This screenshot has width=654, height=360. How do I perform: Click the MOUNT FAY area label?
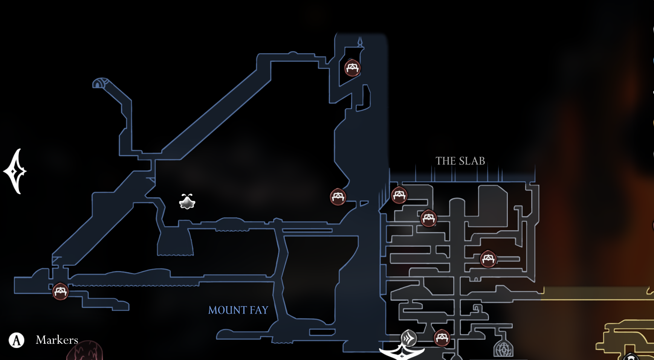238,310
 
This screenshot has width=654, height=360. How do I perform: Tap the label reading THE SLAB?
460,161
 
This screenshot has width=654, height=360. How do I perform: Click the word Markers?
57,340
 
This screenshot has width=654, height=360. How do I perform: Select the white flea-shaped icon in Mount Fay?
187,202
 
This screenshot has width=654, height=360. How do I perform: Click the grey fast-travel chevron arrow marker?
408,338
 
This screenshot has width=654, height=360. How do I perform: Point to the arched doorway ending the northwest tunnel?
99,83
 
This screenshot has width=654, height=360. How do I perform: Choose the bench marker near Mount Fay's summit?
352,68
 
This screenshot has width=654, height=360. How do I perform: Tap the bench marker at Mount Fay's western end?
60,291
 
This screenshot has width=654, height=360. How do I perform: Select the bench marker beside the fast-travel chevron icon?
442,338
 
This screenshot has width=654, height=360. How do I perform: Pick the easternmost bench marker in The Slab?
488,259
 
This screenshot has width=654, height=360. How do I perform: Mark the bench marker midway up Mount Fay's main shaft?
338,197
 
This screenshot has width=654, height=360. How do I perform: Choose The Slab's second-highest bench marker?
428,218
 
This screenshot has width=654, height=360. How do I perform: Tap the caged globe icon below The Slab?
503,348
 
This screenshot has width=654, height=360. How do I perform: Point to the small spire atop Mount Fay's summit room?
360,42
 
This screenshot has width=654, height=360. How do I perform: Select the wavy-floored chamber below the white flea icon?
175,243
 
